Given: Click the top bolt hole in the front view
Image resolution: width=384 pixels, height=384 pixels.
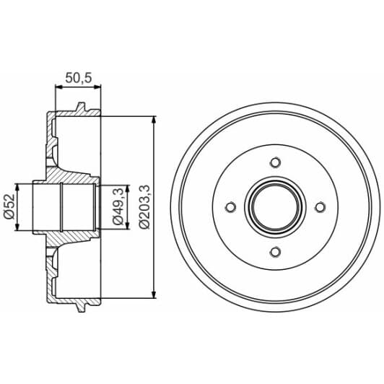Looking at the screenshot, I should (275, 162).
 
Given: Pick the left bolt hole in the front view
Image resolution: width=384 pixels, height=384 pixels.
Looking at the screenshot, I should (231, 207).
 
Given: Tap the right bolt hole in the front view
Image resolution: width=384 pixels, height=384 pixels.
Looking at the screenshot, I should (319, 207).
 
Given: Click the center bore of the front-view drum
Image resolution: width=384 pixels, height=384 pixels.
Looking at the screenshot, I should (275, 207).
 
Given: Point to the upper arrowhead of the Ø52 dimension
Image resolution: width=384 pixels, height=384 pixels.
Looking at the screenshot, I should (21, 187).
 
